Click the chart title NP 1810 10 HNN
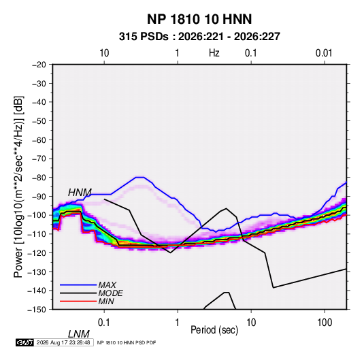[x=199, y=19]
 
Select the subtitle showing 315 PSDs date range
[x=199, y=37]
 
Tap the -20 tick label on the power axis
[x=39, y=65]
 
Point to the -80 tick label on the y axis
[x=39, y=178]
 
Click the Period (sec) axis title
[x=214, y=330]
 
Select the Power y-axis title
[x=18, y=187]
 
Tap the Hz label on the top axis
[x=214, y=53]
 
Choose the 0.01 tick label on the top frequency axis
[x=324, y=53]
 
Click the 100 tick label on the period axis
[x=325, y=323]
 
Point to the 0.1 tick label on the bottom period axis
[x=104, y=323]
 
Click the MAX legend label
[x=107, y=285]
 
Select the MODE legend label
[x=110, y=293]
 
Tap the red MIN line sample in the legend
[x=78, y=301]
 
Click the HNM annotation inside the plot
[x=80, y=193]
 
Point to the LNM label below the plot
[x=79, y=334]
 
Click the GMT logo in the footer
[x=24, y=342]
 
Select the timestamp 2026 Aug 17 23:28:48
[x=63, y=342]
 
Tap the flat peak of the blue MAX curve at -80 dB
[x=139, y=177]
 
